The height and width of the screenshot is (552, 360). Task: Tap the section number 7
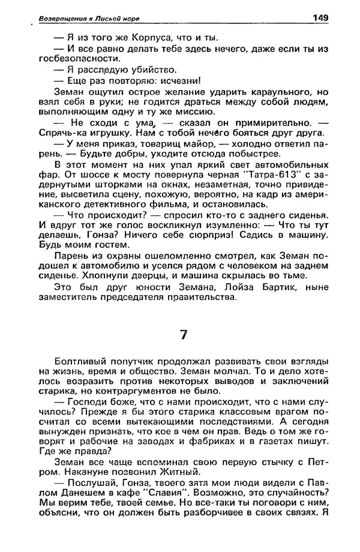click(x=184, y=335)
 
